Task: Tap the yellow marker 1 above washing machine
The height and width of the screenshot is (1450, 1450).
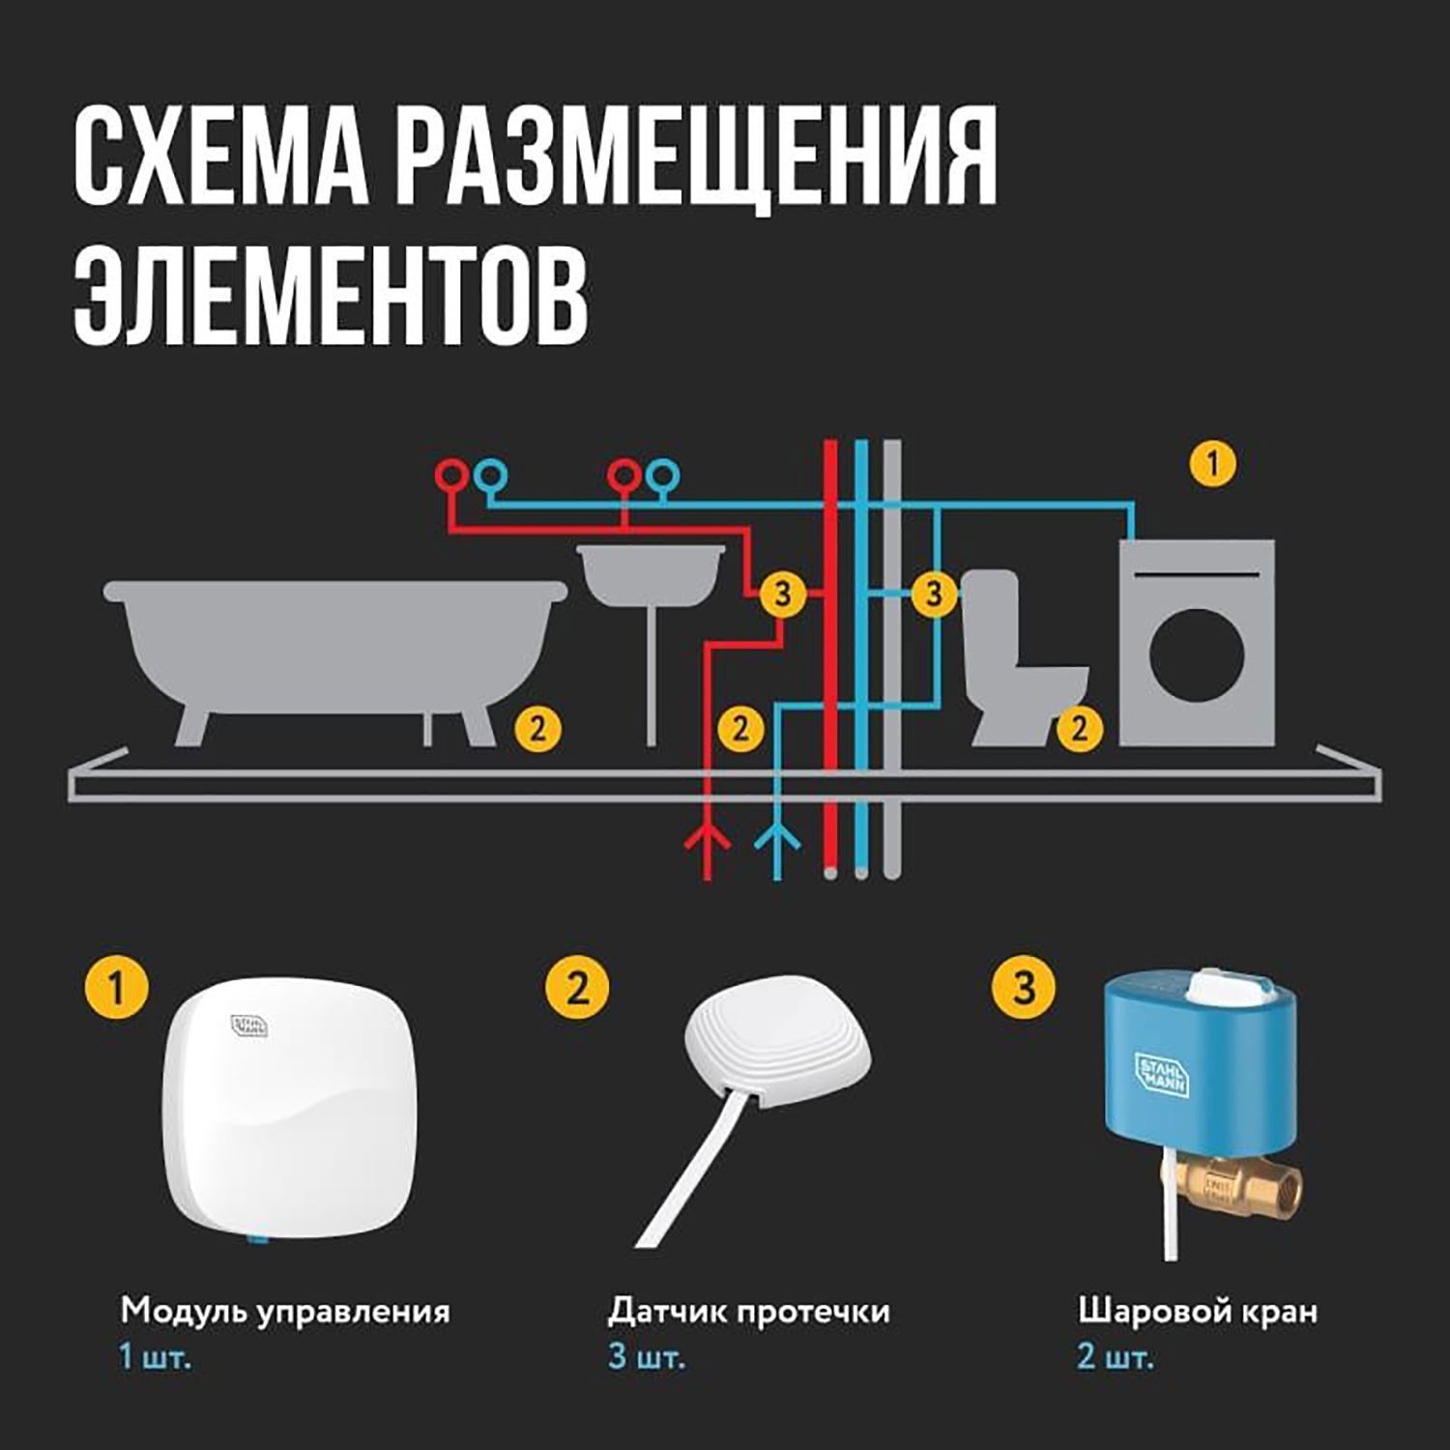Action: [x=1214, y=464]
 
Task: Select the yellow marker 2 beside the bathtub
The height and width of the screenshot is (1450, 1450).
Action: [x=537, y=727]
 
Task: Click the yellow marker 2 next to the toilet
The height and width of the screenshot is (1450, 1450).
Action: [x=1079, y=727]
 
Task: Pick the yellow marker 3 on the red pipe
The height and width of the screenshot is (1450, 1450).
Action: [x=781, y=593]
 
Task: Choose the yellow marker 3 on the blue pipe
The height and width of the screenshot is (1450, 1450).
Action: [x=933, y=593]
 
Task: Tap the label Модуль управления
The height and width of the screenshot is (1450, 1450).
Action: [x=285, y=1312]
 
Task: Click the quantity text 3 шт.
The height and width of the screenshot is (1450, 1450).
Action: [x=647, y=1356]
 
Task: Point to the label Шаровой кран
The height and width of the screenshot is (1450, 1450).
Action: [x=1198, y=1312]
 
